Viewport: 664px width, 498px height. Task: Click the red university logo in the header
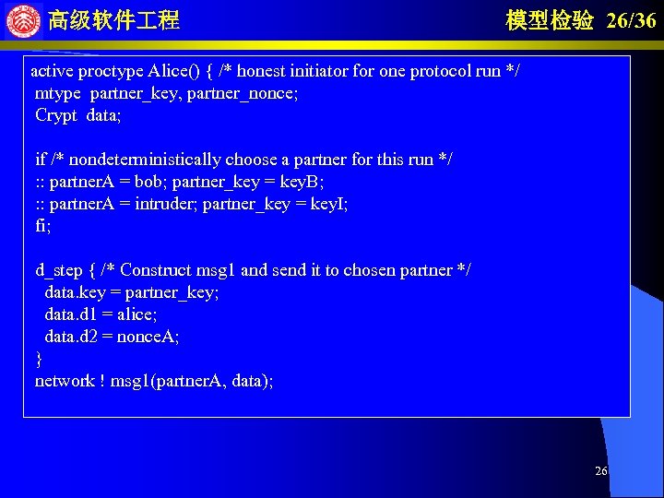tap(23, 20)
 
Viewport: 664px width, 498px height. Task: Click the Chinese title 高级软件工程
tap(113, 20)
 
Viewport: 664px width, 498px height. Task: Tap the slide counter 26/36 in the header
tap(632, 20)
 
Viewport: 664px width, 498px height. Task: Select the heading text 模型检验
tap(550, 20)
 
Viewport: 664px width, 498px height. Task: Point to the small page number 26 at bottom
tap(600, 471)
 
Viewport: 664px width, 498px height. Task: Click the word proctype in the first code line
tap(111, 71)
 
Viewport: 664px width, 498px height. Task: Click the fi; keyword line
tap(42, 226)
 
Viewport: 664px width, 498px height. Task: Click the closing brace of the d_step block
tap(39, 358)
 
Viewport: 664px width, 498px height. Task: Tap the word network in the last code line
tap(65, 381)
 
